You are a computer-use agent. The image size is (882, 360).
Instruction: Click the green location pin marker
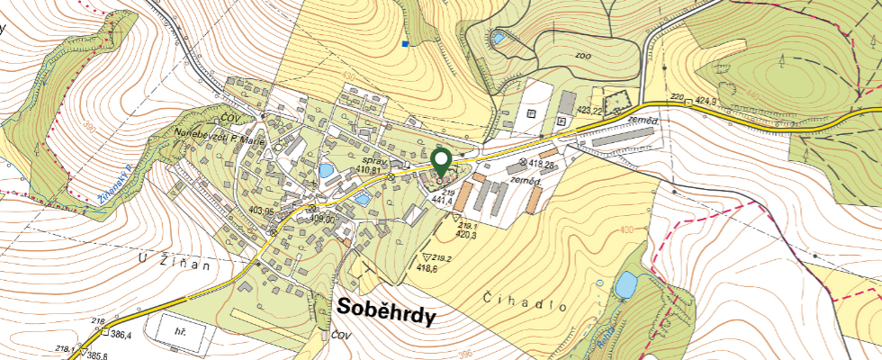pyautogui.click(x=441, y=162)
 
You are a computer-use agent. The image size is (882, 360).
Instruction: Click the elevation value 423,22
pyautogui.click(x=589, y=110)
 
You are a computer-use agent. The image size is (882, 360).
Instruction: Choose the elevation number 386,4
pyautogui.click(x=121, y=334)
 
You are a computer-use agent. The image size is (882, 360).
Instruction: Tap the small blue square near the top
pyautogui.click(x=407, y=42)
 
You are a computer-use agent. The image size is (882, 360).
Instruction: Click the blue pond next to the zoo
pyautogui.click(x=498, y=39)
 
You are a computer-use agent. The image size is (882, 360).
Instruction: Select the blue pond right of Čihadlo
pyautogui.click(x=624, y=286)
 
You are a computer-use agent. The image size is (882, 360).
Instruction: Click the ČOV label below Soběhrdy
pyautogui.click(x=339, y=335)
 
